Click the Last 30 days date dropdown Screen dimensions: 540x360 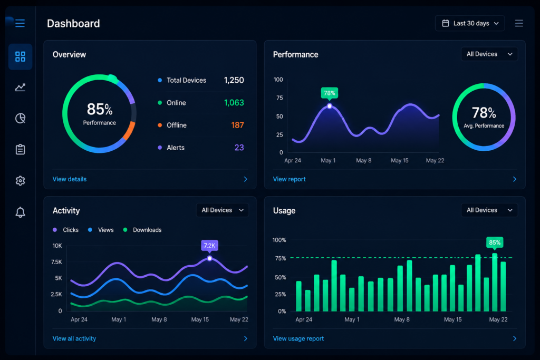[x=470, y=23]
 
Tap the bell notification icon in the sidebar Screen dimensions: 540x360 [x=21, y=212]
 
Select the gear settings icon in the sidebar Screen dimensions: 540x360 [x=21, y=181]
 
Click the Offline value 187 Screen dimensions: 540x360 [x=237, y=125]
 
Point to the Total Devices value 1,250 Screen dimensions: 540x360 [x=234, y=80]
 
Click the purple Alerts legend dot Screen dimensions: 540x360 [x=160, y=148]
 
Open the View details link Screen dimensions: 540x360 [x=70, y=179]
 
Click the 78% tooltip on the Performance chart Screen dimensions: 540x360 [x=329, y=93]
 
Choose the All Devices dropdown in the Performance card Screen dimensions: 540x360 [x=489, y=54]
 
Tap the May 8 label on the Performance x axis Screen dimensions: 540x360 [x=364, y=160]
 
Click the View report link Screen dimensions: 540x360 [x=290, y=179]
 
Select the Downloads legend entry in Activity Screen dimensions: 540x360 [x=142, y=230]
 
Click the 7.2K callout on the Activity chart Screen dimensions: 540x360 [x=209, y=246]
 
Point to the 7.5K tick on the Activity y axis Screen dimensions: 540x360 [x=56, y=262]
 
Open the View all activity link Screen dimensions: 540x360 [x=74, y=339]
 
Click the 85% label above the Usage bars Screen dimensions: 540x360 [x=495, y=242]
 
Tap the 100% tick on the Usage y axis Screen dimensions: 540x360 [x=279, y=240]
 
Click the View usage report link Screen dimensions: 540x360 [x=298, y=339]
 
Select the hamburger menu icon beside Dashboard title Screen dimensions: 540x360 [x=20, y=23]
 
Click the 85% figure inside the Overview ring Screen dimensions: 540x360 [x=100, y=110]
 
